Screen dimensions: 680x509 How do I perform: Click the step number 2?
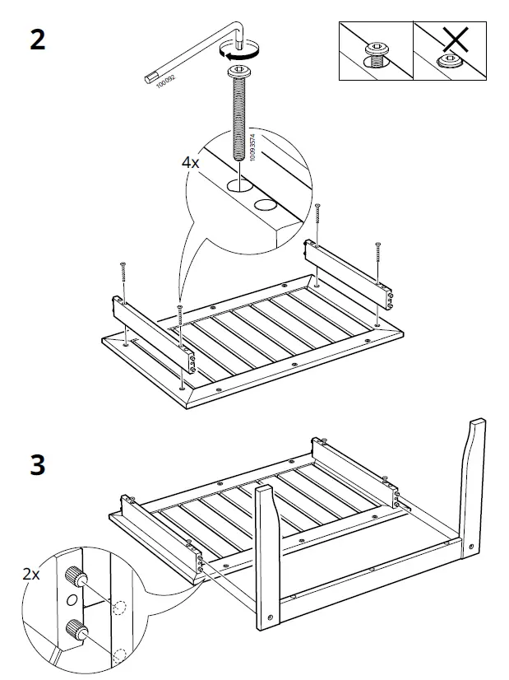37,39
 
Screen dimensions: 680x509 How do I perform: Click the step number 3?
37,465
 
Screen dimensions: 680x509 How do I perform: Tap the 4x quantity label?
190,163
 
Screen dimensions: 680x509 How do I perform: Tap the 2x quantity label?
31,575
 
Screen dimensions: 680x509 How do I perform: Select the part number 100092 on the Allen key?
167,80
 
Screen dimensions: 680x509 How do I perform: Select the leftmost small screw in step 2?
123,272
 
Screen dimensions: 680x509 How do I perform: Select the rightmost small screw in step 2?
378,252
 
